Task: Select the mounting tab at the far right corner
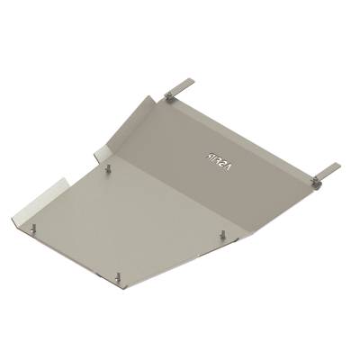[x=328, y=171]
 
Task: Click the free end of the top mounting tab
[x=189, y=82]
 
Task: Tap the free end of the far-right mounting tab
[x=337, y=166]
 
